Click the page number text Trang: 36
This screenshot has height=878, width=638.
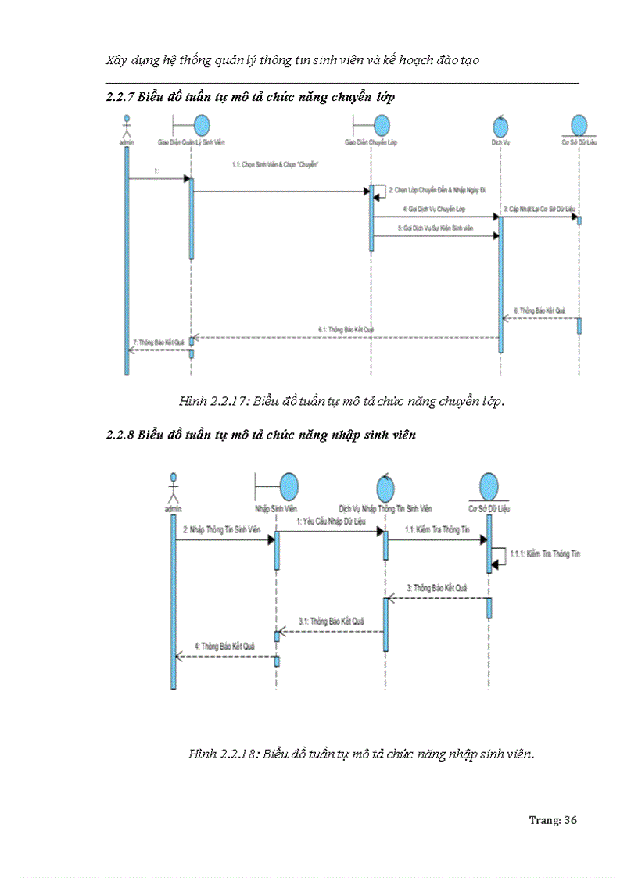[553, 820]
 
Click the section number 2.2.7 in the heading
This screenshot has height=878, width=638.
[120, 98]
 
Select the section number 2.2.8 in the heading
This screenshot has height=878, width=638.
[120, 435]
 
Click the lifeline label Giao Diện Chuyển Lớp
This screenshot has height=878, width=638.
[371, 143]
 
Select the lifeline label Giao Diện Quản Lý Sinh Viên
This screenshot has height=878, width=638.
[192, 143]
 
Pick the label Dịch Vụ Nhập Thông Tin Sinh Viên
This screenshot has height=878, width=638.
[385, 509]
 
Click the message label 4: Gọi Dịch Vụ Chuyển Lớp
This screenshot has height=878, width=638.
[434, 210]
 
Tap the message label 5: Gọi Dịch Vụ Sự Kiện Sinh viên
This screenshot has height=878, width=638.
[435, 228]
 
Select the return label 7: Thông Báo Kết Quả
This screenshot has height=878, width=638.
[159, 342]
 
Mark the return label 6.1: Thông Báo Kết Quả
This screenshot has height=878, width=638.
[346, 330]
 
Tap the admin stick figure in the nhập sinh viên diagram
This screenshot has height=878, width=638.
[174, 489]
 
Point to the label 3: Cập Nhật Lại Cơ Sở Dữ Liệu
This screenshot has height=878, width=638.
[539, 210]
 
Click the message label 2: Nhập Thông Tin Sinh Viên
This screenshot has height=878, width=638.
[222, 529]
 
